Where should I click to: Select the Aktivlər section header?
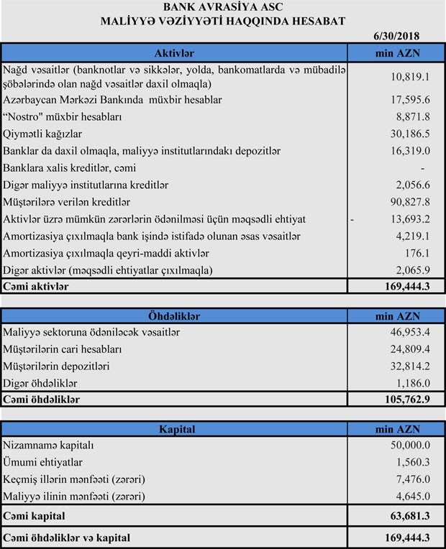click(175, 53)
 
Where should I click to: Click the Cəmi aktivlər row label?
click(37, 287)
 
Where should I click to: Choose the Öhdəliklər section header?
click(175, 315)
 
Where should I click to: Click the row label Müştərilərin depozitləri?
click(64, 366)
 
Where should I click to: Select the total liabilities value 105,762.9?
click(406, 400)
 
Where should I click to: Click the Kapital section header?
click(175, 429)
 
